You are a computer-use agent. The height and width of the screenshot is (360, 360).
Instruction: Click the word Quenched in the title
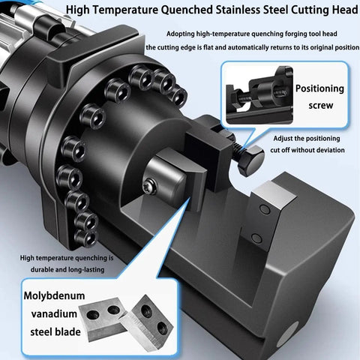pyautogui.click(x=187, y=10)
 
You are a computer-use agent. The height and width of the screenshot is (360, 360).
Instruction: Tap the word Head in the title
pyautogui.click(x=345, y=10)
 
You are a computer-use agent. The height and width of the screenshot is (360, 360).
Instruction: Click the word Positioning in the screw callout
pyautogui.click(x=319, y=88)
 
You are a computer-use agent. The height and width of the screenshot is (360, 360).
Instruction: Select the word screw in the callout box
pyautogui.click(x=321, y=105)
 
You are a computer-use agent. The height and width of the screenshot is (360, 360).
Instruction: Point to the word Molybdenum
pyautogui.click(x=54, y=296)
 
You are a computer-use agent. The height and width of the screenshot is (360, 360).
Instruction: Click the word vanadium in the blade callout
pyautogui.click(x=54, y=313)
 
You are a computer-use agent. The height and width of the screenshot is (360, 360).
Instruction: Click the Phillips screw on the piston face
pyautogui.click(x=150, y=186)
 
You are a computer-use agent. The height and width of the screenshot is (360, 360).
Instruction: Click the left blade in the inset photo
pyautogui.click(x=105, y=319)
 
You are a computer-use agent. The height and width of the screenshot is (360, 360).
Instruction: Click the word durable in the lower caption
pyautogui.click(x=42, y=270)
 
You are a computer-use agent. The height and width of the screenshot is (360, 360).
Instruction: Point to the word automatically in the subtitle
pyautogui.click(x=245, y=47)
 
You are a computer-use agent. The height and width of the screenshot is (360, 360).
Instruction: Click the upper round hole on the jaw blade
pyautogui.click(x=265, y=209)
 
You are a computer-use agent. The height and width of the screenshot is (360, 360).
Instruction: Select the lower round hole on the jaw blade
pyautogui.click(x=256, y=238)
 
